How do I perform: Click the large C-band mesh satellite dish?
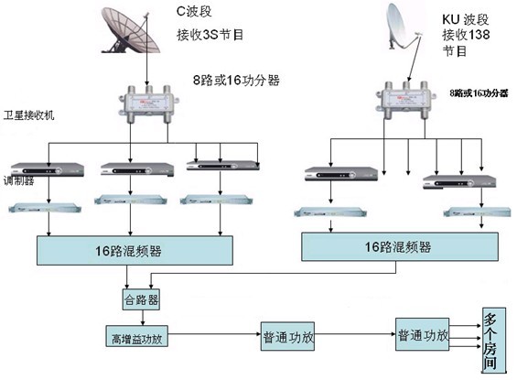click(x=130, y=31)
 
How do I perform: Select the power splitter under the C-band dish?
click(x=149, y=103)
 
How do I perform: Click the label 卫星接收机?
click(x=28, y=115)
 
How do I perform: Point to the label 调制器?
click(x=19, y=180)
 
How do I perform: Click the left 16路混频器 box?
click(x=135, y=250)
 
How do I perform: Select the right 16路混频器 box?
click(x=400, y=246)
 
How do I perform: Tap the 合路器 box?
click(x=141, y=299)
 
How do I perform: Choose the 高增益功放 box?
click(x=137, y=336)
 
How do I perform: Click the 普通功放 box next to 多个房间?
click(x=423, y=334)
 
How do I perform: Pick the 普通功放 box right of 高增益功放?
click(x=287, y=336)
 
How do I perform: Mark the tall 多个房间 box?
click(x=494, y=340)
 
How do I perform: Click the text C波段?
click(x=194, y=11)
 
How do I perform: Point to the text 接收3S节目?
click(x=210, y=35)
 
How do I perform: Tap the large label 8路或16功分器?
click(x=236, y=81)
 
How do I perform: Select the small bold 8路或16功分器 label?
click(x=479, y=93)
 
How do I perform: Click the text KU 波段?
click(x=465, y=19)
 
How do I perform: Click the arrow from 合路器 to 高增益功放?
click(x=143, y=318)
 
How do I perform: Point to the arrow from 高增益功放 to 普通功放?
click(x=214, y=334)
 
